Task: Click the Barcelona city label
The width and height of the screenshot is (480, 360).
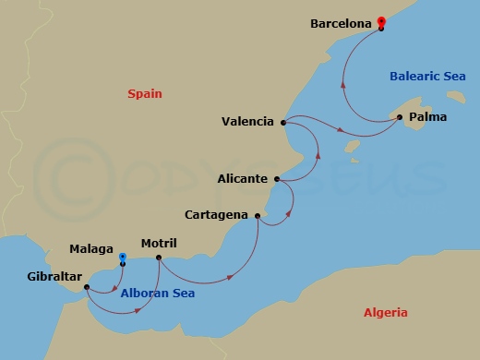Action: (342, 22)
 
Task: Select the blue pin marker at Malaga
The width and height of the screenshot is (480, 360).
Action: (122, 258)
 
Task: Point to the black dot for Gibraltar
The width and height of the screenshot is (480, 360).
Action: (86, 286)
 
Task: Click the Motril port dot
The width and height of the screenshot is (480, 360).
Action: (159, 258)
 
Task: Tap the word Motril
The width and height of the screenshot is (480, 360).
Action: (159, 244)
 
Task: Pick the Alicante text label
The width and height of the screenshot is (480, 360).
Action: (244, 178)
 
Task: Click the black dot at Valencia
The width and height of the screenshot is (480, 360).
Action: (282, 122)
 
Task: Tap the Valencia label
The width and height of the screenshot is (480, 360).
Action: (247, 121)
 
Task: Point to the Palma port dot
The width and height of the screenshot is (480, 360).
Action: (399, 117)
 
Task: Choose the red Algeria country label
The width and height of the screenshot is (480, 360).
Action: (385, 313)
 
